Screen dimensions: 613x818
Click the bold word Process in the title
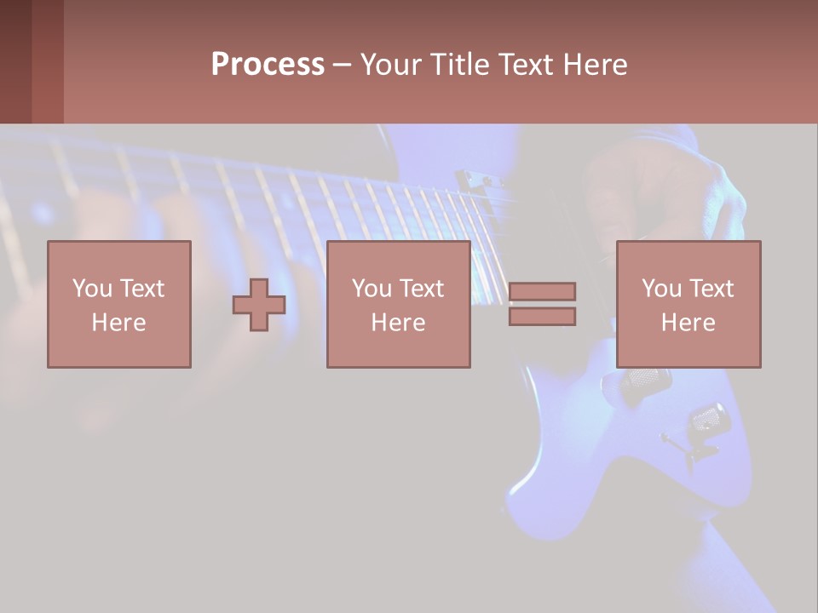coord(268,65)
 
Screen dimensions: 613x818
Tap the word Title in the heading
coord(461,65)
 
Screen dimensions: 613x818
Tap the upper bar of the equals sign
coord(542,291)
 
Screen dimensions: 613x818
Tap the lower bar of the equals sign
coord(542,316)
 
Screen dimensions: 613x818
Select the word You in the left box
coord(91,289)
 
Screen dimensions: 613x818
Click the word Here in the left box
coord(118,323)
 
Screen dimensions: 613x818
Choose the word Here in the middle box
coord(398,323)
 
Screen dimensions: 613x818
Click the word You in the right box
coord(661,289)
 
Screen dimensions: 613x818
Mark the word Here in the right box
coord(688,323)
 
